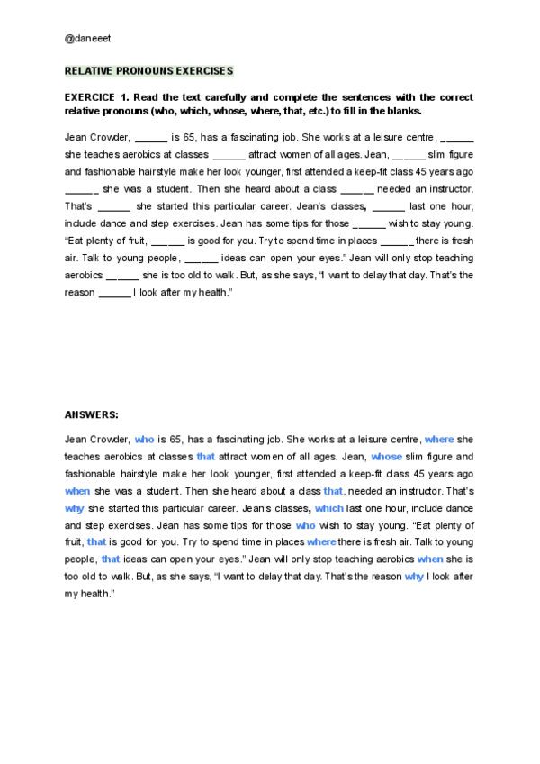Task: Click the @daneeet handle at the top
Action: [88, 40]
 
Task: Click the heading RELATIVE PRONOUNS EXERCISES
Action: [148, 71]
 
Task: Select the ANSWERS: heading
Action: [92, 414]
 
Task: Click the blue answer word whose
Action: [387, 457]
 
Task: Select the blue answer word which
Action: [329, 508]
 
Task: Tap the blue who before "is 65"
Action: [144, 440]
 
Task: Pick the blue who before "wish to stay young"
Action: [305, 525]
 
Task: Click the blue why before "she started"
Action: [75, 508]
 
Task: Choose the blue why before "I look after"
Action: [414, 577]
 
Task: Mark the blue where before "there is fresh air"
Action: [321, 542]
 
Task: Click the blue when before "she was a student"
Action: [77, 491]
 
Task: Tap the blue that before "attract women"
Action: [206, 457]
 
